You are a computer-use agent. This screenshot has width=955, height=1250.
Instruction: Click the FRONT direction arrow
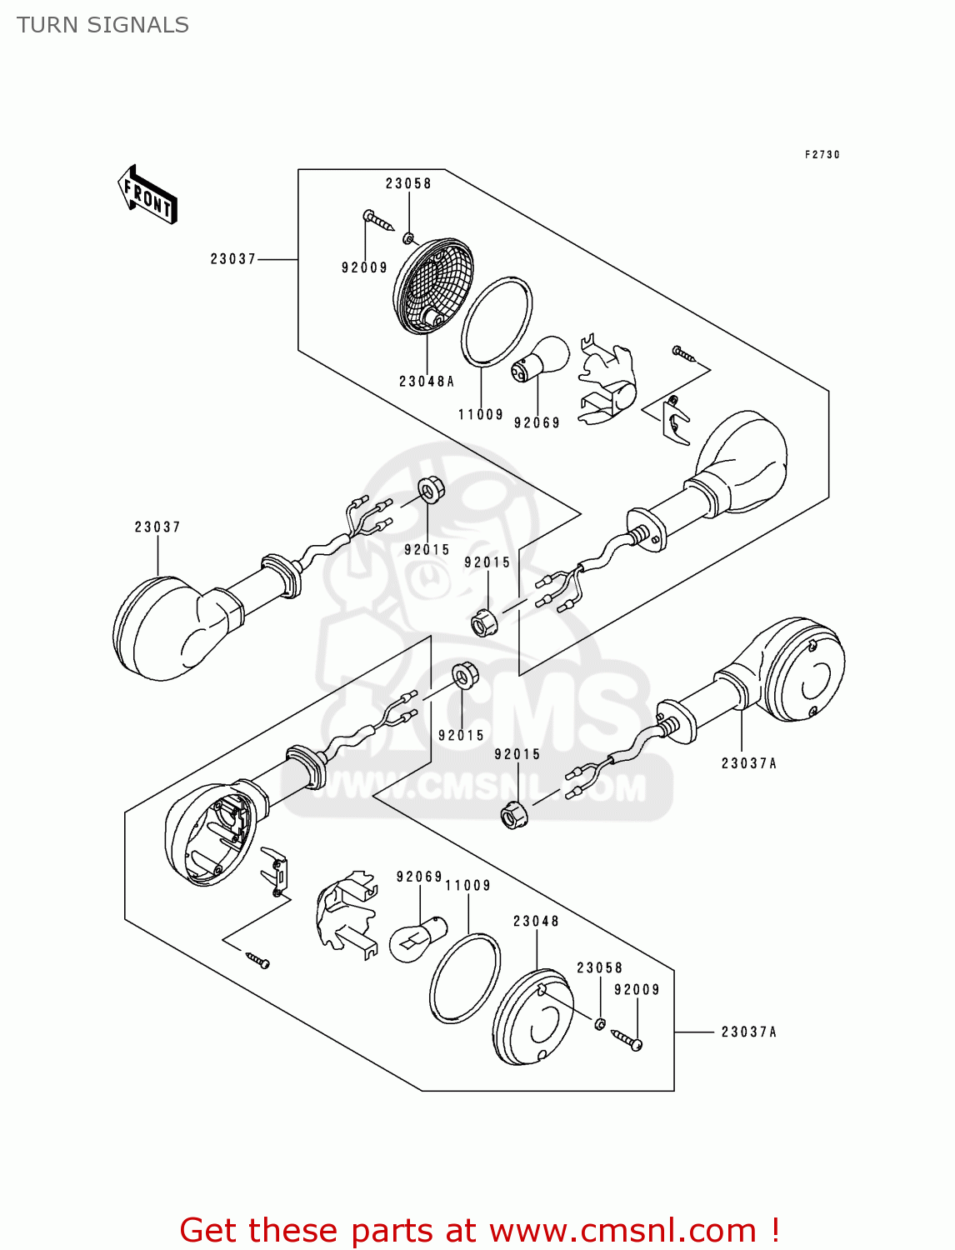click(148, 196)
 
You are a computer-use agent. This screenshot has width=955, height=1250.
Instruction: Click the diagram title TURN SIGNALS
click(102, 25)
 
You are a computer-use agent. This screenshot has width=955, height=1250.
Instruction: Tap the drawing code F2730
click(822, 155)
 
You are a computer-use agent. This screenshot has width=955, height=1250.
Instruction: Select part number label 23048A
click(427, 382)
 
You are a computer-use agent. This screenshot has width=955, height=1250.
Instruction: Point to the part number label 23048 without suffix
click(536, 921)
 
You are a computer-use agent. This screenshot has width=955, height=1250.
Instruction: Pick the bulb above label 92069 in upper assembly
click(542, 358)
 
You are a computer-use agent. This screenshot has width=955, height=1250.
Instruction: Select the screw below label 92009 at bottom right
click(627, 1039)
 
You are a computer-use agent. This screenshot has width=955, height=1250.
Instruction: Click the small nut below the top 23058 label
click(408, 238)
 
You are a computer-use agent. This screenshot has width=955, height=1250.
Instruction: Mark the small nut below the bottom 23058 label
click(600, 1022)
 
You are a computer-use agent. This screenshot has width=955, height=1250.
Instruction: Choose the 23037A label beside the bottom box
click(748, 1032)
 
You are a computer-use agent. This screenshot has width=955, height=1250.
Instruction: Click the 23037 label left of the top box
click(232, 259)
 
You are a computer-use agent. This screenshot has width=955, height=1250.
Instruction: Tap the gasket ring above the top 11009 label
click(497, 321)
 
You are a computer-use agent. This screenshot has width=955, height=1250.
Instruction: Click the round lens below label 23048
click(532, 1016)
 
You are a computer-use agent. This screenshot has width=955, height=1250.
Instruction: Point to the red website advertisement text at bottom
click(479, 1230)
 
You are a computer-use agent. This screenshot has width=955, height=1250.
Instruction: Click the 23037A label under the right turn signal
click(748, 762)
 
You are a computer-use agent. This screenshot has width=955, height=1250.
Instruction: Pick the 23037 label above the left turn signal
click(157, 527)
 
